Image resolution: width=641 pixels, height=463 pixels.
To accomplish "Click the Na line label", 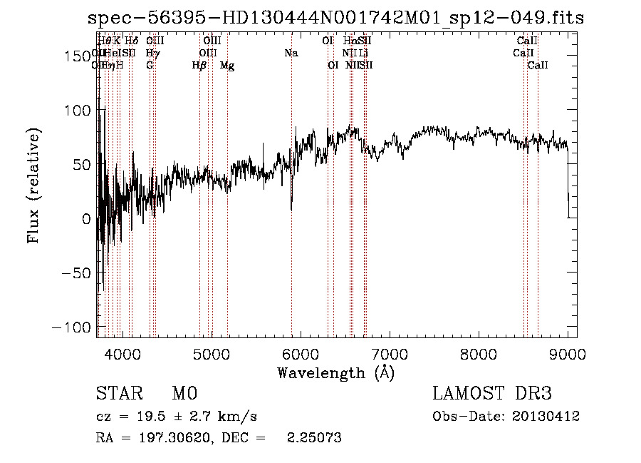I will tap(291, 54).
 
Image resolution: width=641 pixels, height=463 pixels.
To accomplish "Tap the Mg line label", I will tap(227, 66).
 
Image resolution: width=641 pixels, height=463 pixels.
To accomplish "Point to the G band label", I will tap(150, 66).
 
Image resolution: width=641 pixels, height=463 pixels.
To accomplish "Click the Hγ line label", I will tap(152, 54).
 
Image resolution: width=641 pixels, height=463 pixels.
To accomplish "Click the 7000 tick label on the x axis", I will tap(389, 354).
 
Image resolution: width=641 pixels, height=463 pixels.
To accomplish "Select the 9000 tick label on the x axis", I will tap(568, 354).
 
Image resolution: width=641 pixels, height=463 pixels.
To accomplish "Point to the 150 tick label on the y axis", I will tap(76, 56).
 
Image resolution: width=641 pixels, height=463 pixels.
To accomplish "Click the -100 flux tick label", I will tap(70, 327).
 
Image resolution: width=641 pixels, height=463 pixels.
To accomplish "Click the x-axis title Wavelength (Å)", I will tap(335, 372).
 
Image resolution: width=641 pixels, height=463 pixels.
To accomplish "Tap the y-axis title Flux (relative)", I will tap(34, 185).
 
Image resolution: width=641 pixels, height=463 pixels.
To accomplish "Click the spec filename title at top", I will tap(335, 19).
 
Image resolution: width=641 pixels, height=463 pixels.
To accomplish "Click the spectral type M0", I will tap(184, 394).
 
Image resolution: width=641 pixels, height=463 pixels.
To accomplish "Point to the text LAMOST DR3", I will tap(492, 394).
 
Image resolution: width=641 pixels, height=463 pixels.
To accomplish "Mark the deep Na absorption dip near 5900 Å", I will tap(291, 207).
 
